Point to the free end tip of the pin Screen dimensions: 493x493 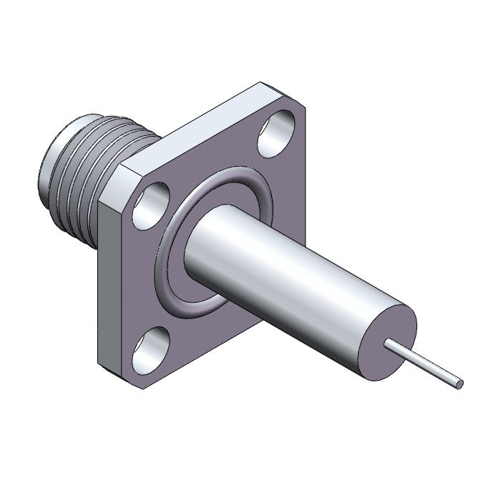(459, 384)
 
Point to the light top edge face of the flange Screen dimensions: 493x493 (193, 125)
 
